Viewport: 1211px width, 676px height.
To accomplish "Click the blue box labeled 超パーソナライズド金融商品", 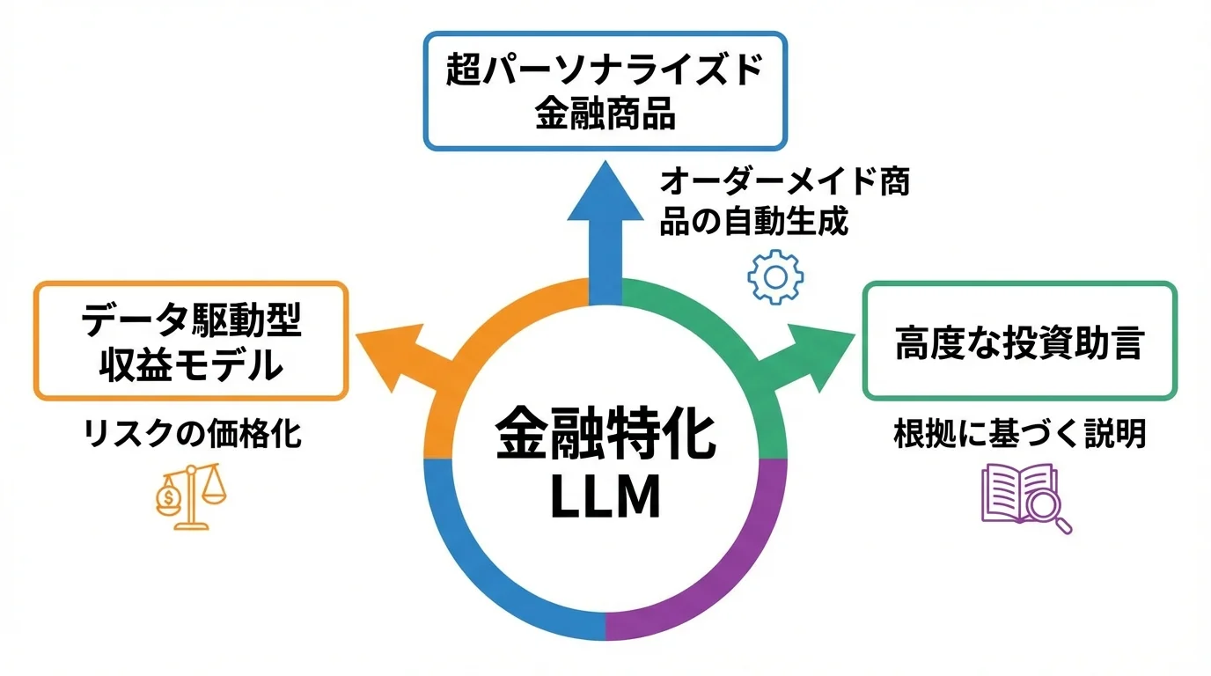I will click(605, 91).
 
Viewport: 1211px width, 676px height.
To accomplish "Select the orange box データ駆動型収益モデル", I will click(191, 342).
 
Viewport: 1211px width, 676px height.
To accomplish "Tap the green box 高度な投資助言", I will click(1018, 342).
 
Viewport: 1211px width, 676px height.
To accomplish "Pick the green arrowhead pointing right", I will click(823, 353).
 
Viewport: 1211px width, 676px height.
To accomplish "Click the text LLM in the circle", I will click(605, 498).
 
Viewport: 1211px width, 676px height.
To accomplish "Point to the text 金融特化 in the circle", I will click(605, 437).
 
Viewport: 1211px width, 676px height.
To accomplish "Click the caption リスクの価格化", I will click(193, 434).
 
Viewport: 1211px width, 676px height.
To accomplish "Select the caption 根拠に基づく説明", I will click(1019, 434).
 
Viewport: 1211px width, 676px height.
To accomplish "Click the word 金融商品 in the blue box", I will click(605, 114).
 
